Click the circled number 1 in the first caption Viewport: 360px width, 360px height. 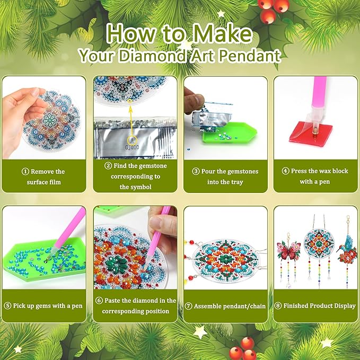(x=25, y=172)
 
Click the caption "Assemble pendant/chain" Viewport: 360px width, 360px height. (x=225, y=306)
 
